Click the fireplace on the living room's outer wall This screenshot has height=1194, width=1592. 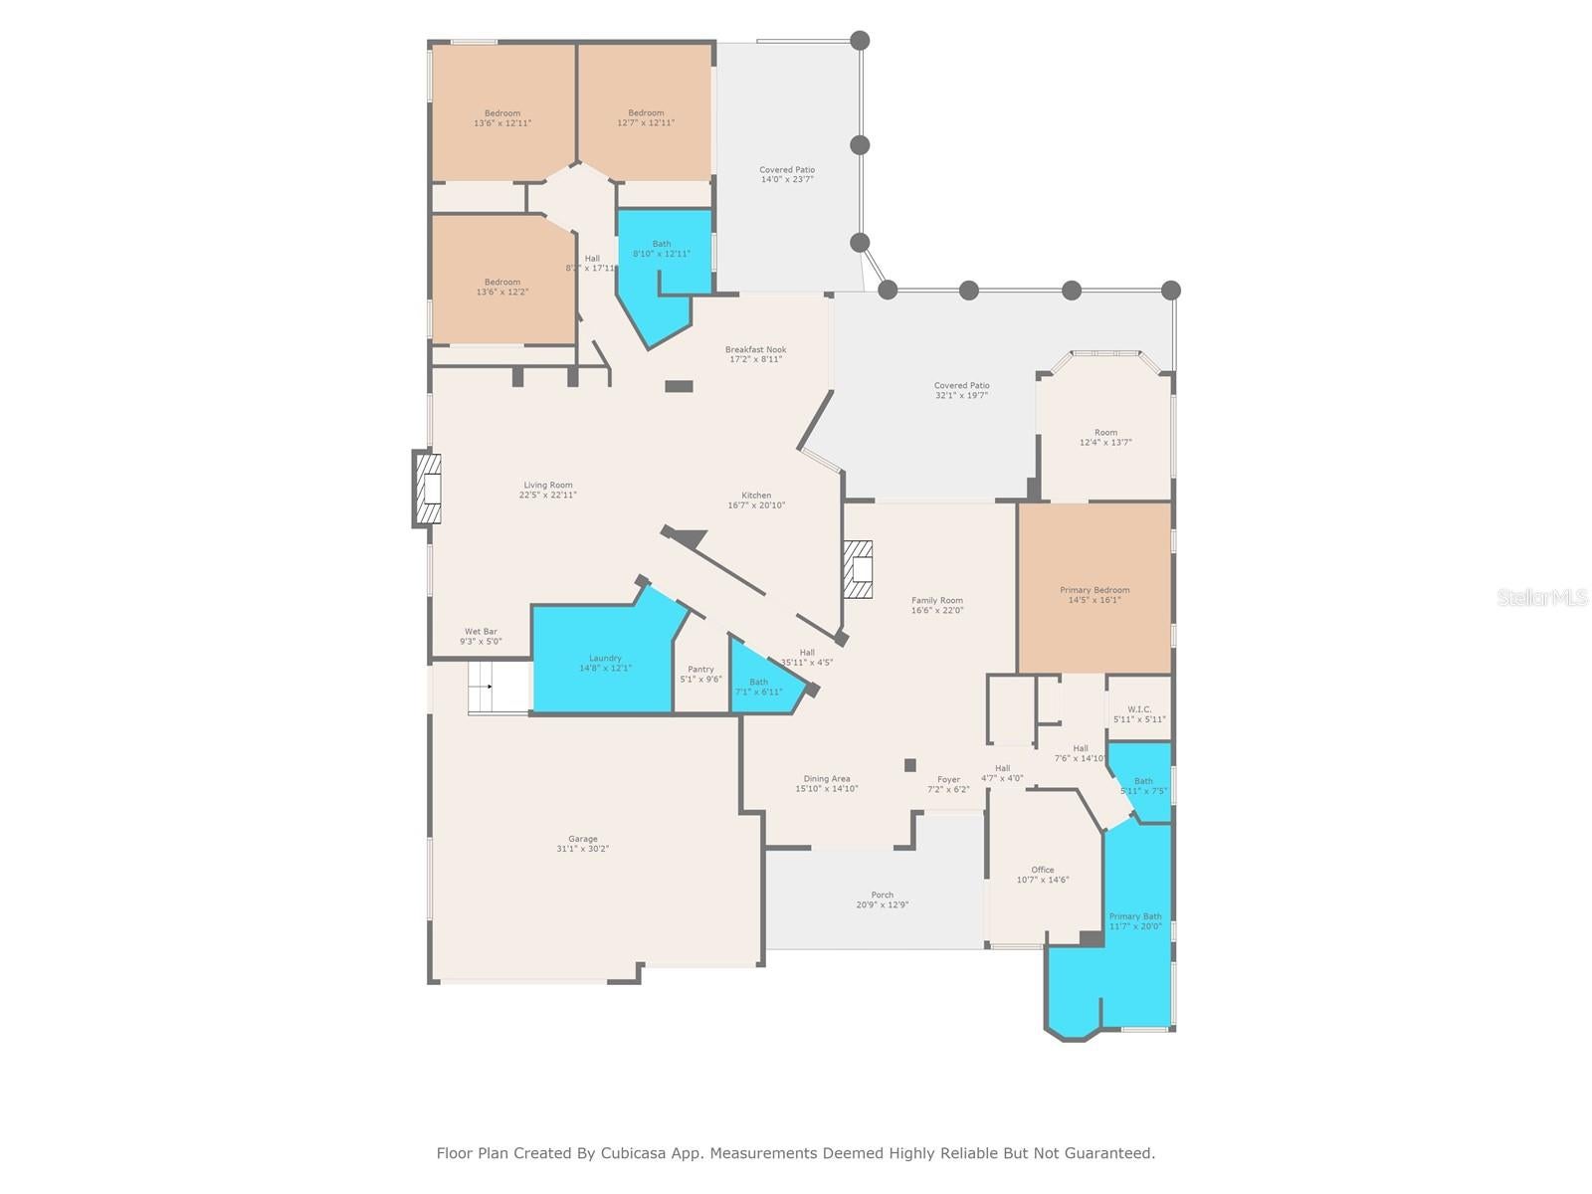[x=427, y=489]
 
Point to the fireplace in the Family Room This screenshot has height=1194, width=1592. [x=859, y=569]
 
